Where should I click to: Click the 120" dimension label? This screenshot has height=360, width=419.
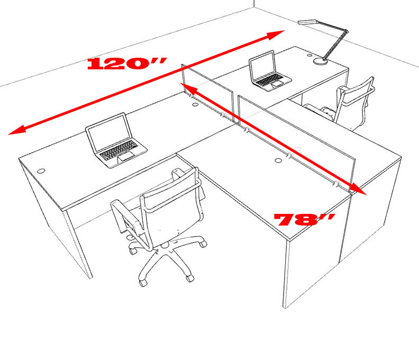point(126,64)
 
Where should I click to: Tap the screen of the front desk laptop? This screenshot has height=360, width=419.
point(109,131)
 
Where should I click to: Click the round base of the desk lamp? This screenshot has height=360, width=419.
point(320,61)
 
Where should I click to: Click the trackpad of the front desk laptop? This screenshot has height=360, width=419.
point(126,157)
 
